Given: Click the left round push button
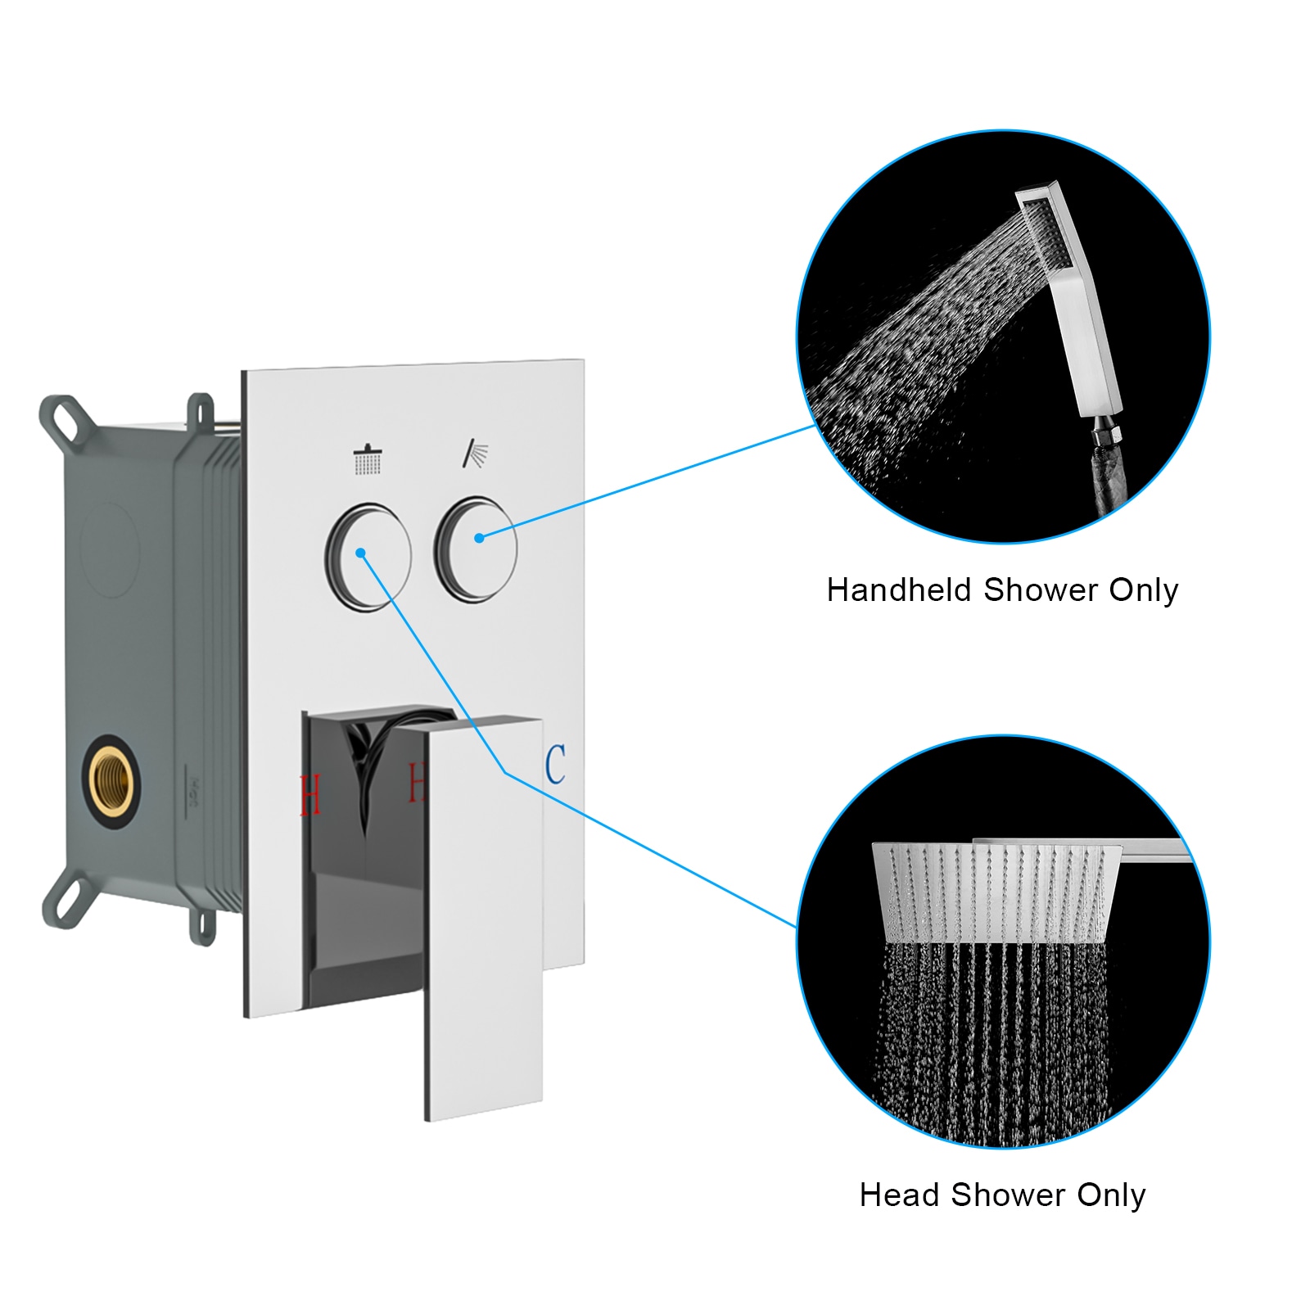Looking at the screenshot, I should coord(368,557).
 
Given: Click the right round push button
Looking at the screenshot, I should coord(476,549).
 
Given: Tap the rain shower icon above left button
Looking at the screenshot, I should coord(368,459).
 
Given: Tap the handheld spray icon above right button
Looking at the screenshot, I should coord(475,453).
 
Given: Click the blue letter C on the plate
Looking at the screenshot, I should coord(555,764).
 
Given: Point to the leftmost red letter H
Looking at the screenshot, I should coord(310,795).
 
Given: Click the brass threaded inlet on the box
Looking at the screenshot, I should coord(111,781).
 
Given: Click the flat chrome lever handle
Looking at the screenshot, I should coord(483,917).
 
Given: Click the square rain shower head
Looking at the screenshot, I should coord(995,892).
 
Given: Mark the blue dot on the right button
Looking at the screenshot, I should coord(479,538).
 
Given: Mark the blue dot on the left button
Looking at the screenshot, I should coord(360,553).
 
